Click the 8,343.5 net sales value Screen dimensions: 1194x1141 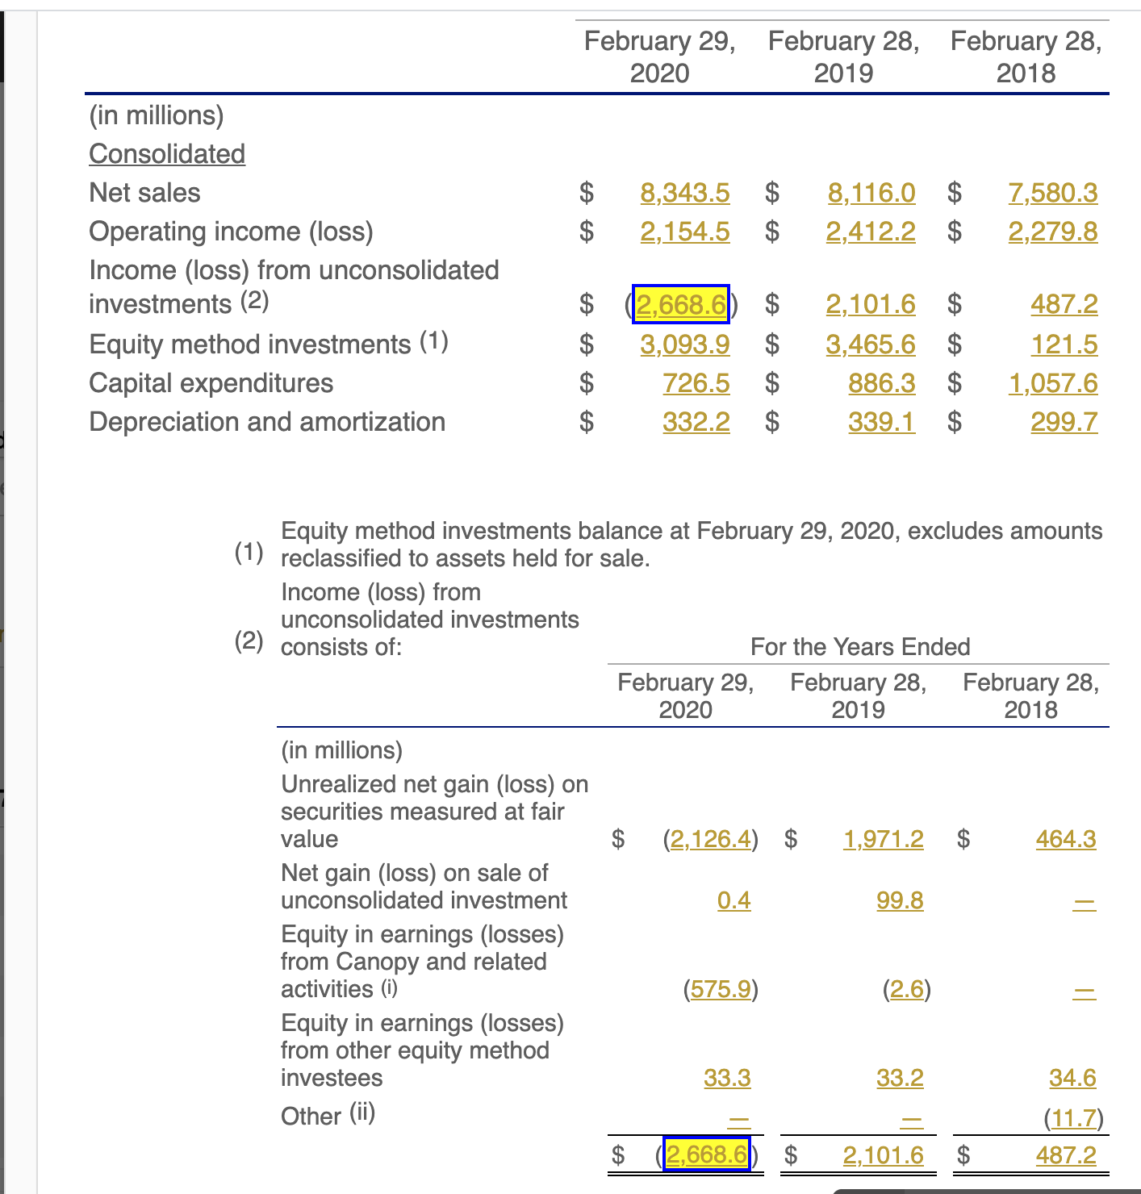pyautogui.click(x=685, y=193)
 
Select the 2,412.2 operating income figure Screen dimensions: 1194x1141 pyautogui.click(x=871, y=232)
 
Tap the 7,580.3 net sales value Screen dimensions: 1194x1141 pyautogui.click(x=1053, y=193)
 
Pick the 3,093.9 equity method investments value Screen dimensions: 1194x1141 pyautogui.click(x=685, y=344)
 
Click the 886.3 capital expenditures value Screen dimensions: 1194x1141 pyautogui.click(x=882, y=383)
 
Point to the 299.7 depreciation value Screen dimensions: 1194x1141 pyautogui.click(x=1064, y=422)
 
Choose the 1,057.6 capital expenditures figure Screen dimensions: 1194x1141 pyautogui.click(x=1053, y=383)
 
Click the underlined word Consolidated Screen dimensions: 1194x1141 pyautogui.click(x=167, y=154)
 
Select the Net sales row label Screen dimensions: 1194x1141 pyautogui.click(x=144, y=193)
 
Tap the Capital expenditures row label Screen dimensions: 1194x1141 pyautogui.click(x=211, y=383)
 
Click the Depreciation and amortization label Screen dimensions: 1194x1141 pyautogui.click(x=267, y=422)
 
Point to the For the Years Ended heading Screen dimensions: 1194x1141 pyautogui.click(x=860, y=647)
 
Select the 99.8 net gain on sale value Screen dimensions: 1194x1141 pyautogui.click(x=900, y=900)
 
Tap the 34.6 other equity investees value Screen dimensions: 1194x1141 pyautogui.click(x=1072, y=1078)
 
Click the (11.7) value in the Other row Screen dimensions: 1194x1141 pyautogui.click(x=1073, y=1118)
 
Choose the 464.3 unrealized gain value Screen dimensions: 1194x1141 pyautogui.click(x=1066, y=839)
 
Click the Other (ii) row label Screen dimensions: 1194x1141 pyautogui.click(x=328, y=1116)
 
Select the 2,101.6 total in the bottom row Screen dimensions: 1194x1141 pyautogui.click(x=883, y=1155)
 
